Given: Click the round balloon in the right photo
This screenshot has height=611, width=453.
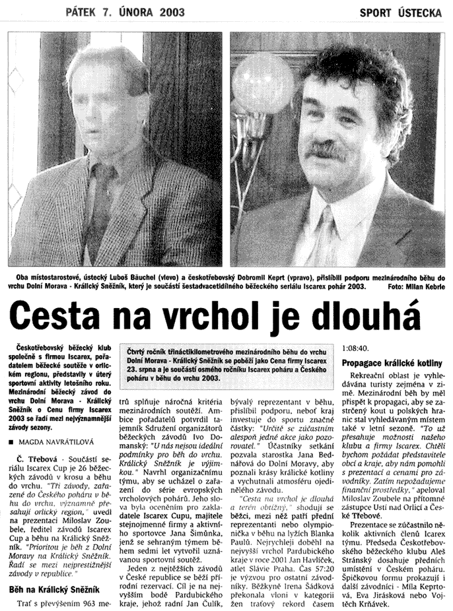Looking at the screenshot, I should click(263, 83).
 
